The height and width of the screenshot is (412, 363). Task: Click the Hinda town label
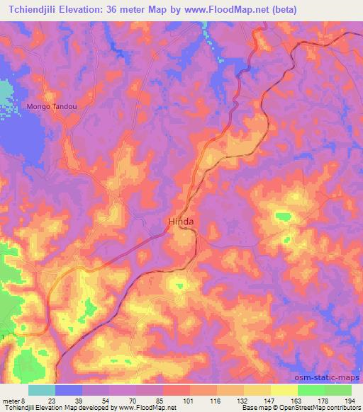coord(181,222)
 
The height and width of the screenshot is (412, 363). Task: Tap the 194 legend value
coord(349,401)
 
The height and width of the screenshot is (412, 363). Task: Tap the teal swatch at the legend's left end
coord(42,390)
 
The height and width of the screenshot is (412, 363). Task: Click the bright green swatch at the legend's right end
coord(337,390)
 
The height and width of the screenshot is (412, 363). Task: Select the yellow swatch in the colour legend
coord(284,390)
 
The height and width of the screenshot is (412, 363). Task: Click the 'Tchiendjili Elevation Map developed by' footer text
coord(47,408)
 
